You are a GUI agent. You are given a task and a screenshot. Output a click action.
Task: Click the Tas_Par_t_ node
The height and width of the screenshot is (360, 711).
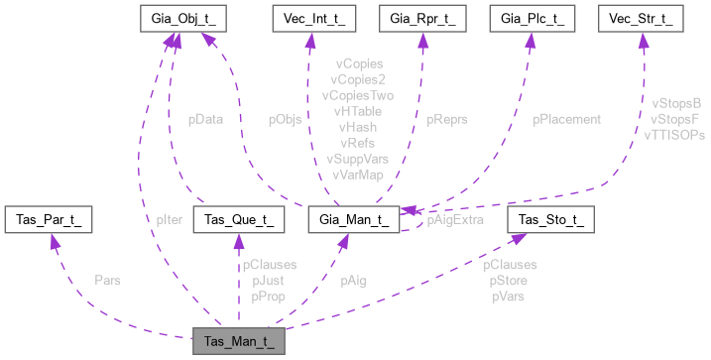click(x=49, y=218)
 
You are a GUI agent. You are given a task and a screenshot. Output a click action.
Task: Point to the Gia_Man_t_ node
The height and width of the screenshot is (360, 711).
click(x=354, y=218)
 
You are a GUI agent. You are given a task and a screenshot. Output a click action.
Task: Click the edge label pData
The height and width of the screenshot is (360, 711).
click(x=205, y=119)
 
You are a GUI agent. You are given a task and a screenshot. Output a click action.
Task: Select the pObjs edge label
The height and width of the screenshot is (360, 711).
click(x=287, y=119)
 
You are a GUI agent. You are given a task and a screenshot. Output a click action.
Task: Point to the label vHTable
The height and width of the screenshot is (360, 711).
click(x=359, y=112)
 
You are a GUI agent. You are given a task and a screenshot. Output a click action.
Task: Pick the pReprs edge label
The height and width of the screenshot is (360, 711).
click(x=447, y=119)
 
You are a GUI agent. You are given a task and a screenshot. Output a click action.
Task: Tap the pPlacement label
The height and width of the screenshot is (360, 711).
click(x=566, y=119)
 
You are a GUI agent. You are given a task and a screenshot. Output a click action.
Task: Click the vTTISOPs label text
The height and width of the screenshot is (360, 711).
click(x=673, y=134)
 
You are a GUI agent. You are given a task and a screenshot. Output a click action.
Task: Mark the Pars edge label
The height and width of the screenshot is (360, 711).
click(x=107, y=281)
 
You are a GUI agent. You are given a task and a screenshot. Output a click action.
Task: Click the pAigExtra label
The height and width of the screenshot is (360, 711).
click(x=454, y=220)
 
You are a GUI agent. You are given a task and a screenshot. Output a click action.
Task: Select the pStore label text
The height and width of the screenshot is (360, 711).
click(x=509, y=281)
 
